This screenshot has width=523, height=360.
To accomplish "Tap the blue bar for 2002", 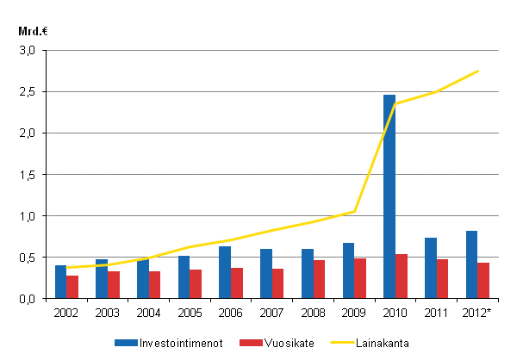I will coord(60,282).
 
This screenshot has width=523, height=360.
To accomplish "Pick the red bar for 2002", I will coord(72,287).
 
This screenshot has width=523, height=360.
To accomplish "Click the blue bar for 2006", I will coord(225,272).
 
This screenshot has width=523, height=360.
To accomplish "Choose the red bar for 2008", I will coord(319,279).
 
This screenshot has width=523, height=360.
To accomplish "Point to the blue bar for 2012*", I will coord(471,264).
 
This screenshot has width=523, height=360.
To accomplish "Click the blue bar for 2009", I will coord(348,270).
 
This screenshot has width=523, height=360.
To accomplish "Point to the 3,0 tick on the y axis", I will coord(28,51).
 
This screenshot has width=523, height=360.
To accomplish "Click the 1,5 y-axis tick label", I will coord(28,175).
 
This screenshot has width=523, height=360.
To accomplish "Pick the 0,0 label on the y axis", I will coord(28,299).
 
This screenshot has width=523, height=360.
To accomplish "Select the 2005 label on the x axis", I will coord(190,311).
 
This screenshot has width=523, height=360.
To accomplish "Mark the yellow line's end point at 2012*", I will coord(478,71).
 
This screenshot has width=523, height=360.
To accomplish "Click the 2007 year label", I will coord(272,311).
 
